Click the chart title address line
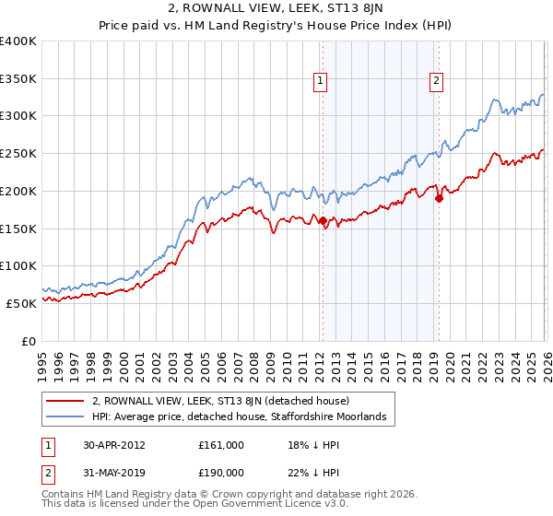pos(276,10)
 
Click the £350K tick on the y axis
pos(18,79)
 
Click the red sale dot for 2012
pos(323,221)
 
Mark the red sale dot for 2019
pos(439,198)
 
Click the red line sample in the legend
pos(65,402)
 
